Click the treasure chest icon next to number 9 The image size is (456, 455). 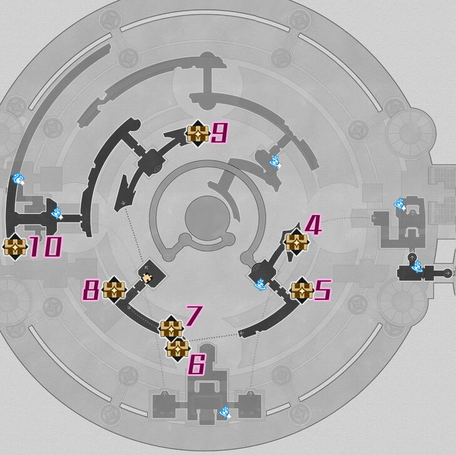coord(197,133)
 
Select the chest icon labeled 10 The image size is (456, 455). coord(14,247)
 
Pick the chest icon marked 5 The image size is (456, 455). coord(302,290)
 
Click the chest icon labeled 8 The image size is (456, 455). coord(115,290)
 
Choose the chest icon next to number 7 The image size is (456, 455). coord(170,329)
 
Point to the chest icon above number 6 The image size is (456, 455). coord(178,349)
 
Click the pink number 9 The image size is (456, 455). coord(219,133)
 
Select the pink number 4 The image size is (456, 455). coord(313,225)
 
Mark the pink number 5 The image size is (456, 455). coord(323,290)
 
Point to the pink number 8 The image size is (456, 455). coord(92,290)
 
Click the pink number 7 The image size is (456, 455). coord(194,316)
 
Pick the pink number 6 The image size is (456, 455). coord(197,366)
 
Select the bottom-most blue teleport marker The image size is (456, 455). coord(225,412)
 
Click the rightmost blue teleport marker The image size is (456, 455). coord(417,268)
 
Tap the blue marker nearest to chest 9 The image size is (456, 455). coord(275,161)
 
